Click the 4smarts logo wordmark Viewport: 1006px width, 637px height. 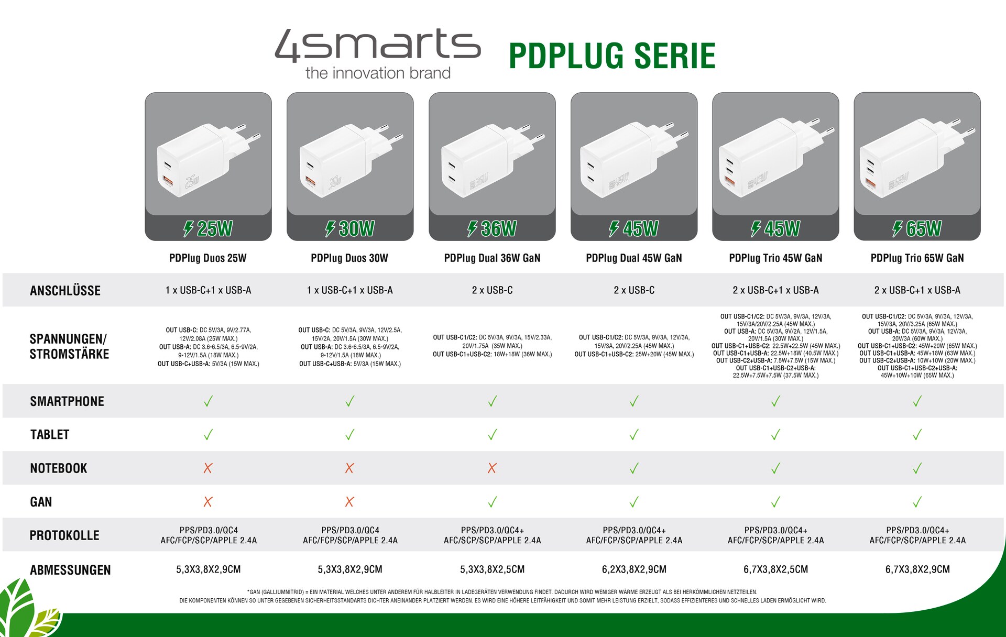pos(378,46)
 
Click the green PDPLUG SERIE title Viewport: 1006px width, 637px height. pos(612,56)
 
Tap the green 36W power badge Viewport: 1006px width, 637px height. pos(493,228)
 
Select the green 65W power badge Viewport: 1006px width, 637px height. pos(917,228)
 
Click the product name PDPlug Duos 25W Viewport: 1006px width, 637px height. pos(208,258)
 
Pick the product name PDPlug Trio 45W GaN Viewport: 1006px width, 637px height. pos(775,258)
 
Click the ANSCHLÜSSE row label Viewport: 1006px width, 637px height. pos(65,291)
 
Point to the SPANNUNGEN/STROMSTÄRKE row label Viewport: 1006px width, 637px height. pos(69,346)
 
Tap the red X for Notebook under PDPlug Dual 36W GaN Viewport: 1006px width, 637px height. pos(492,468)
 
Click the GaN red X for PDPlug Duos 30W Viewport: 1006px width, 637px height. pos(349,502)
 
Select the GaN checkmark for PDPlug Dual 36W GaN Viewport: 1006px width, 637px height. pos(493,502)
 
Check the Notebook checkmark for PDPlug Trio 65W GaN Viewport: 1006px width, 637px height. pos(917,468)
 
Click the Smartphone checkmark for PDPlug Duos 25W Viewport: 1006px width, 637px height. pos(208,401)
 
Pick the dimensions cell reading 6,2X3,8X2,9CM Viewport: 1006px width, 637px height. pos(634,569)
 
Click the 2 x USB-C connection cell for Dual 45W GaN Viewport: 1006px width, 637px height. pos(634,290)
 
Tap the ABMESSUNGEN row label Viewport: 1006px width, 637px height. pos(70,570)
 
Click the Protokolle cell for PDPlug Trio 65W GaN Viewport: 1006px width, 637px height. pos(917,535)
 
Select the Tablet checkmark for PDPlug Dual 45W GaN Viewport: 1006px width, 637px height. pos(634,435)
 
